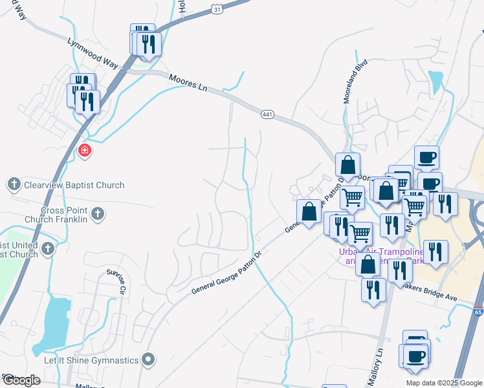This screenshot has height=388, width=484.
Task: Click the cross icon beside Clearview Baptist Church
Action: pyautogui.click(x=14, y=185)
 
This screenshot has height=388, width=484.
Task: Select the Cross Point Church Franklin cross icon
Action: pyautogui.click(x=98, y=213)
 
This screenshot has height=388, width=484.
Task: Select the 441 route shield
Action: pyautogui.click(x=268, y=114)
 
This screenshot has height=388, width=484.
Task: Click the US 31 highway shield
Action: pyautogui.click(x=217, y=6)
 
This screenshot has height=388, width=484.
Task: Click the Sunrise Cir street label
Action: pyautogui.click(x=117, y=283)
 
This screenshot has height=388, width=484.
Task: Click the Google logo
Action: pyautogui.click(x=21, y=380)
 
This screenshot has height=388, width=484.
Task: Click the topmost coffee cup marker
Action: pyautogui.click(x=426, y=157)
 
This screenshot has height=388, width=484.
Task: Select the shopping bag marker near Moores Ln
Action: pyautogui.click(x=348, y=166)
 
